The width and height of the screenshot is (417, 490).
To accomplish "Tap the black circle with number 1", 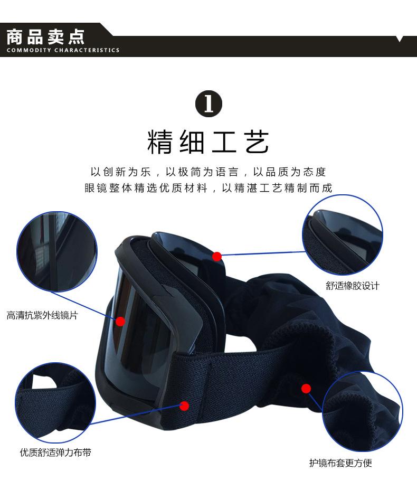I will (209, 103).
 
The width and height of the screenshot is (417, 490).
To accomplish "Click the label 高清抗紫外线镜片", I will (42, 316).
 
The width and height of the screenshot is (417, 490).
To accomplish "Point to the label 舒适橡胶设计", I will (353, 286).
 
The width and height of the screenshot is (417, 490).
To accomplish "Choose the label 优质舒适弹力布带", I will (59, 453).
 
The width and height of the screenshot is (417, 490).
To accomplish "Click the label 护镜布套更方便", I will (340, 463).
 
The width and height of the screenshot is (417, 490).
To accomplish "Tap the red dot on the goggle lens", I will (120, 321).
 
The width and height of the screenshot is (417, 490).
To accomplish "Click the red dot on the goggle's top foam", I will (216, 257).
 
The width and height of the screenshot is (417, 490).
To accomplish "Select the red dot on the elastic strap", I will (184, 406).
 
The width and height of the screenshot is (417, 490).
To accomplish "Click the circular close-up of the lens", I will (58, 252).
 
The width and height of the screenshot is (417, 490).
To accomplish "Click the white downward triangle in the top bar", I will (400, 39).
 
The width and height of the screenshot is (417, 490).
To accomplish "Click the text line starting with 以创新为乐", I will (209, 172).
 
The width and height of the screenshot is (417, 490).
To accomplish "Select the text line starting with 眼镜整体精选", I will (209, 189).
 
